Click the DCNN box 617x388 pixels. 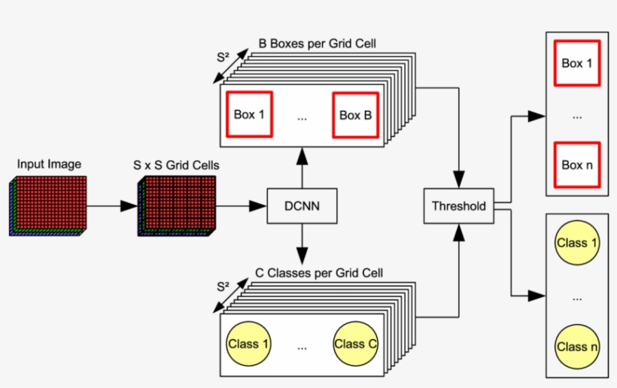[x=301, y=206]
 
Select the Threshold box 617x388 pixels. [x=458, y=206]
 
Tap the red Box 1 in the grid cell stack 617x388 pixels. [x=249, y=115]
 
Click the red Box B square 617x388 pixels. [x=355, y=115]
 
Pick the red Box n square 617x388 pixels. [x=577, y=165]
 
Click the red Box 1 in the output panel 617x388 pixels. [x=577, y=63]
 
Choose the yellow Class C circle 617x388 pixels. [x=356, y=344]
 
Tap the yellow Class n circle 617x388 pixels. [x=577, y=347]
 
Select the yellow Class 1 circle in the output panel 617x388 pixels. [x=577, y=243]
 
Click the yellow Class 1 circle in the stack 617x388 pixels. [x=248, y=344]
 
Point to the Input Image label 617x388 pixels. [x=49, y=165]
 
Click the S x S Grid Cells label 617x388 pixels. [x=167, y=165]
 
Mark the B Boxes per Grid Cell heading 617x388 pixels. [x=317, y=44]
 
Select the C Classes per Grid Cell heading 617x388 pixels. [x=320, y=272]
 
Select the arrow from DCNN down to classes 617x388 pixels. [x=301, y=242]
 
